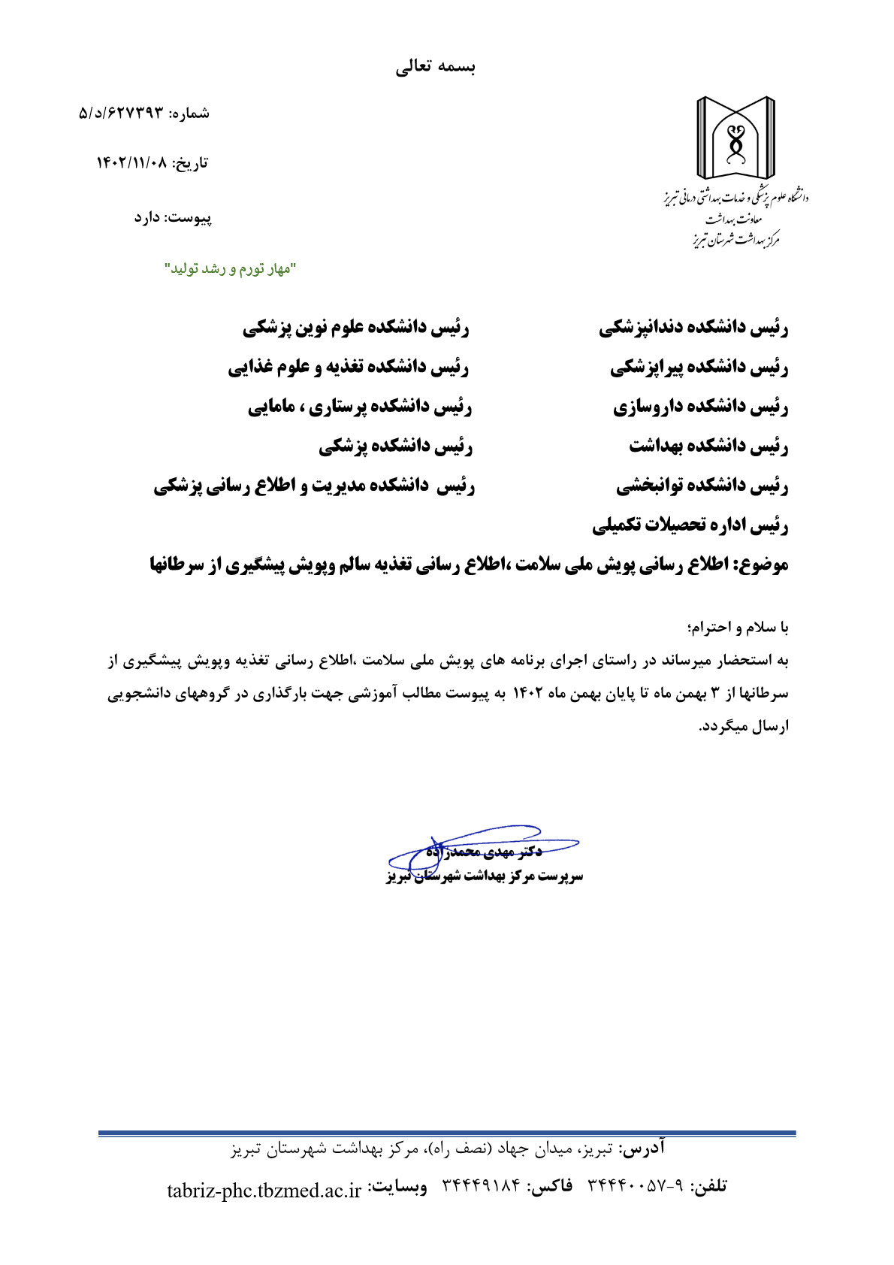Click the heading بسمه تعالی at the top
tap(436, 67)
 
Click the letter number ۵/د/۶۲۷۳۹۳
tap(121, 113)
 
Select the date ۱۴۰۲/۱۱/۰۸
tap(132, 162)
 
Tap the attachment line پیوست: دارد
tap(173, 217)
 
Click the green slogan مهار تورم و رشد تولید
tap(231, 268)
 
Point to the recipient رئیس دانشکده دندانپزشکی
tap(693, 328)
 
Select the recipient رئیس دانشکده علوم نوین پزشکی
tap(356, 328)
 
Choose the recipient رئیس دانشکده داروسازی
tap(700, 407)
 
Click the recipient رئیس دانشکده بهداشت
tap(708, 446)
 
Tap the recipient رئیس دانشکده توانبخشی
tap(702, 486)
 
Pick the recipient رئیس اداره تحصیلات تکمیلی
tap(690, 525)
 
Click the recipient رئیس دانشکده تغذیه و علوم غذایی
tap(349, 368)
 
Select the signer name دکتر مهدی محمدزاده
tap(485, 852)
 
